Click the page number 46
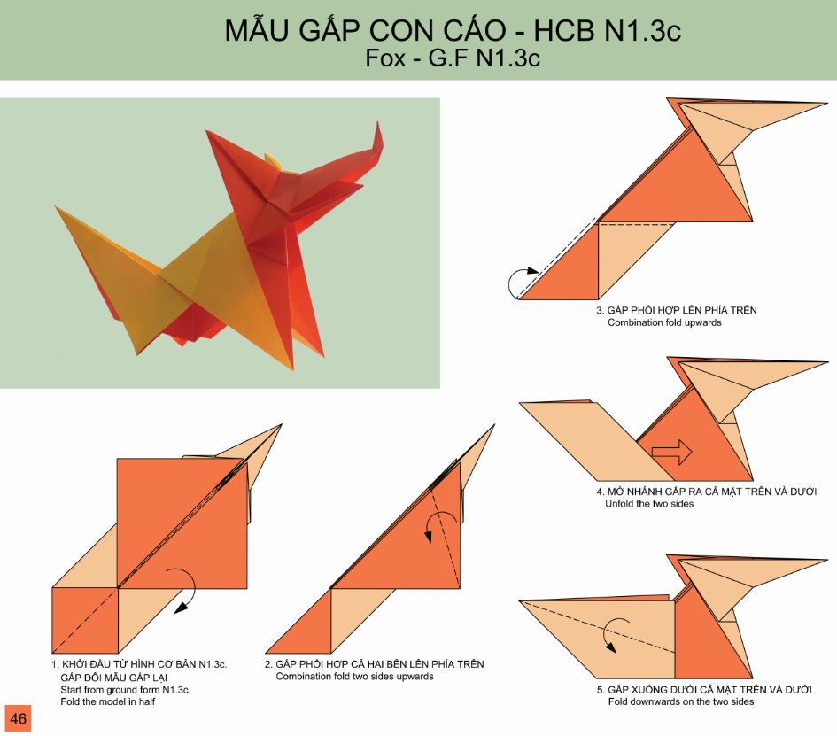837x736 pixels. (18, 718)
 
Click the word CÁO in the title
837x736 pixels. (474, 30)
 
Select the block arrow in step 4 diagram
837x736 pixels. (672, 453)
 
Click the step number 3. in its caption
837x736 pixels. (600, 311)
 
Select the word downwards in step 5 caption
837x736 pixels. (663, 701)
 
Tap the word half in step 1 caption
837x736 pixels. (146, 701)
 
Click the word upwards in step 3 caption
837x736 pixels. (702, 323)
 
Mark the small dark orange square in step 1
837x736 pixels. (85, 620)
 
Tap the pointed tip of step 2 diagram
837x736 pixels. (494, 425)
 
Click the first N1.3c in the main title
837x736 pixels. (643, 30)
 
